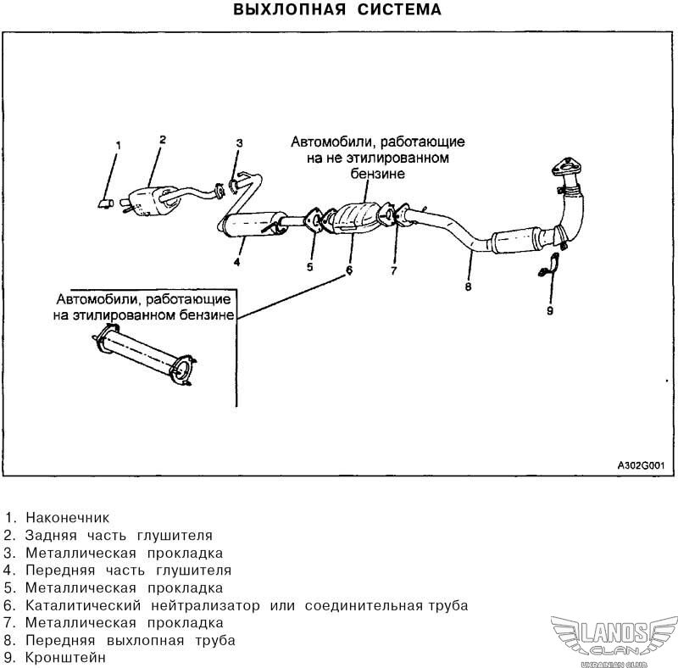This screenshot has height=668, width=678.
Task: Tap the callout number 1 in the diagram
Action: (x=119, y=146)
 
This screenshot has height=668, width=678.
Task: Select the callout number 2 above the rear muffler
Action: (x=162, y=139)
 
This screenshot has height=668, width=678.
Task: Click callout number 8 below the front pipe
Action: (x=467, y=287)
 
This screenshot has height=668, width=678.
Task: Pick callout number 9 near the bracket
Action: (x=549, y=311)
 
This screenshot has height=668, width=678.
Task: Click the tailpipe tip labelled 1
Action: (x=104, y=203)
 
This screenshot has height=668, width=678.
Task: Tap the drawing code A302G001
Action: (x=639, y=466)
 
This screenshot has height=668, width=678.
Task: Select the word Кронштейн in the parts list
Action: (x=65, y=657)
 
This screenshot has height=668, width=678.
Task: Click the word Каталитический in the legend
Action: (x=82, y=605)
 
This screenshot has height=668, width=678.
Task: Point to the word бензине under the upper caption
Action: (x=378, y=173)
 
